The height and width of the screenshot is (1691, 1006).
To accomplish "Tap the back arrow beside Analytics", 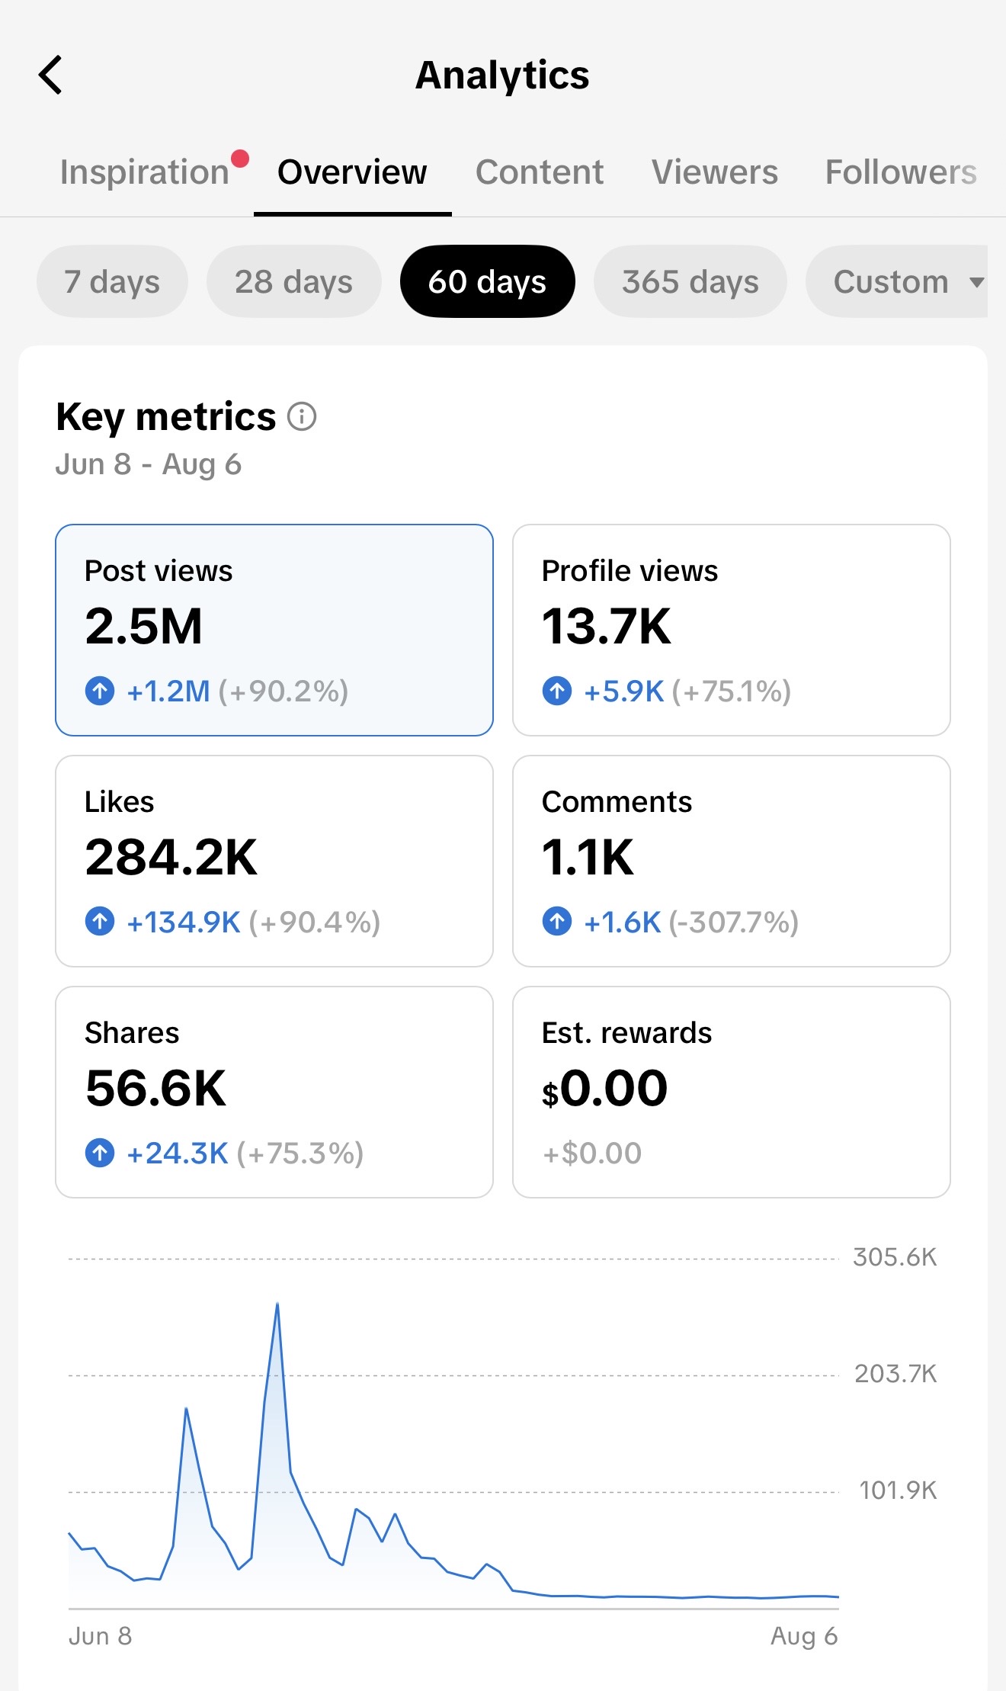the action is [x=50, y=75].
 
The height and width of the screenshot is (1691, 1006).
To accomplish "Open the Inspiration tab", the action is [x=145, y=172].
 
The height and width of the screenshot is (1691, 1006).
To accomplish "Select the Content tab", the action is [x=540, y=172].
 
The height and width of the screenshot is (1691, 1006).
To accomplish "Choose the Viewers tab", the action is [x=715, y=172].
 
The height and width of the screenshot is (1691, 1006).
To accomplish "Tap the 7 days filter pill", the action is [x=112, y=281].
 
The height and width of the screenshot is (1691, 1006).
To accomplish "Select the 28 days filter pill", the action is [x=293, y=281].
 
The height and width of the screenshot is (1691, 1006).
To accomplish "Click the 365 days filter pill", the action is [x=690, y=281].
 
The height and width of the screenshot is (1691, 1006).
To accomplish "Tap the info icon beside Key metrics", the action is [x=302, y=417].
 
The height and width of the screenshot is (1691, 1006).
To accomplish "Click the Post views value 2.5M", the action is [x=144, y=627].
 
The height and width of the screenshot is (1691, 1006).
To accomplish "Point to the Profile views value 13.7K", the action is [x=607, y=627].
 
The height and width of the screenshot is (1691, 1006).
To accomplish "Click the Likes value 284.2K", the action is [x=171, y=858].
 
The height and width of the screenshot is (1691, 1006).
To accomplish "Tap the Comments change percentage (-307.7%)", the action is [x=734, y=923].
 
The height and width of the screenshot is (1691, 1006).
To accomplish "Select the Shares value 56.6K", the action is [x=156, y=1089].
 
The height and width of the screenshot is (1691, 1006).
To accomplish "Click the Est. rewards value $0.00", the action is [x=605, y=1089].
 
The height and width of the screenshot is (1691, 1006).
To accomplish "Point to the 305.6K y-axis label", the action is [x=895, y=1257].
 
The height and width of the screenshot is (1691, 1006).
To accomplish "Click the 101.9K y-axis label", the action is [x=898, y=1490].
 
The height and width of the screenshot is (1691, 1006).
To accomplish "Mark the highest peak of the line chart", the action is [x=277, y=1304].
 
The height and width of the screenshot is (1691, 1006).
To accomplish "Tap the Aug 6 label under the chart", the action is [x=804, y=1636].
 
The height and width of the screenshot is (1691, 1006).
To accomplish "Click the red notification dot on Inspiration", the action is [x=240, y=159].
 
